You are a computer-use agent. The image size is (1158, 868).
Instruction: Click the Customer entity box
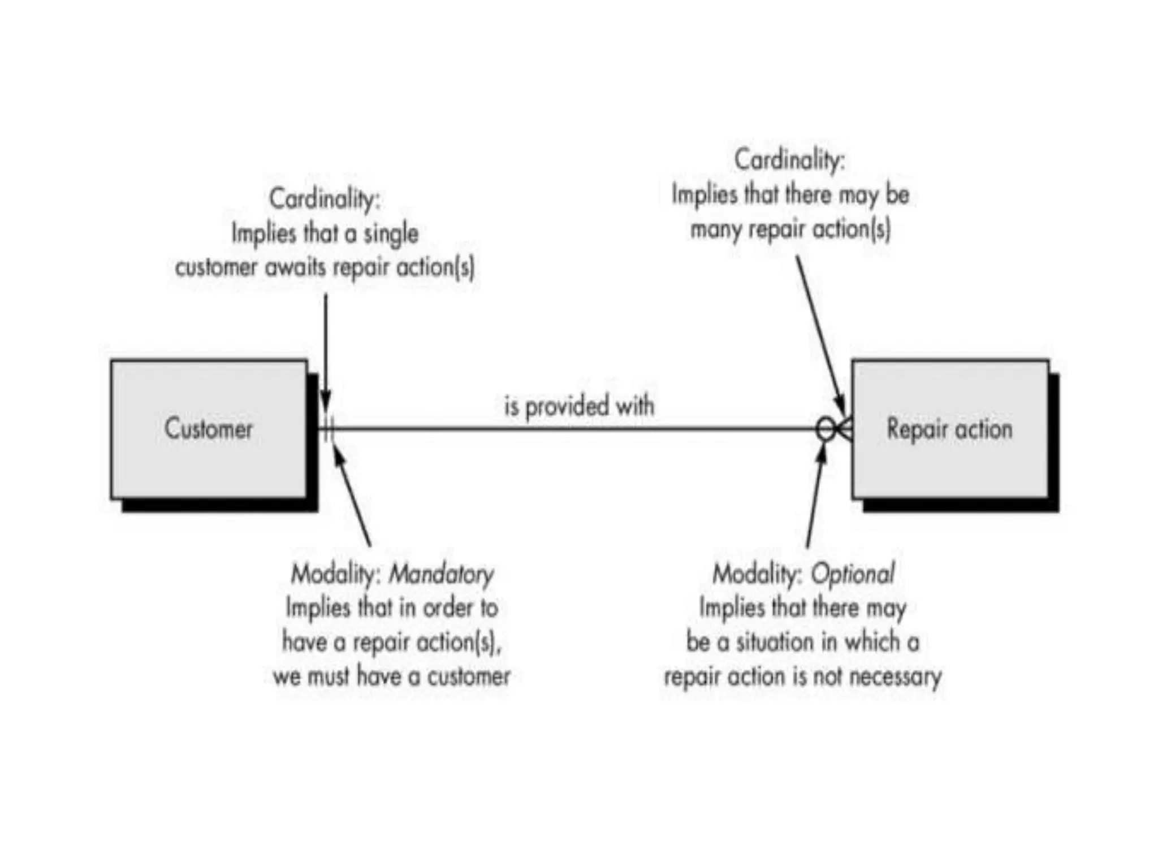209,429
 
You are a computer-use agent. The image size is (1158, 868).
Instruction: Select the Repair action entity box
950,429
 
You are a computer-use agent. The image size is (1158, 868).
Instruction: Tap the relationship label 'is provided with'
579,406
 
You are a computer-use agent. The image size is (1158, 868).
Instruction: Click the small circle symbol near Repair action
826,429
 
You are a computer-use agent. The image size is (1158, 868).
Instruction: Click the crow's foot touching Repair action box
844,429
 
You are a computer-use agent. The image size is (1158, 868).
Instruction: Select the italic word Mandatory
441,574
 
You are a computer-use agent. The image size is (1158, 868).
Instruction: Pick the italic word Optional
853,574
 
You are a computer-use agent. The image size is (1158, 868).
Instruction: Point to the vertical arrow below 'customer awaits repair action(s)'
326,350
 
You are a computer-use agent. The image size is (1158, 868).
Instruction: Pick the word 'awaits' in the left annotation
295,267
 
